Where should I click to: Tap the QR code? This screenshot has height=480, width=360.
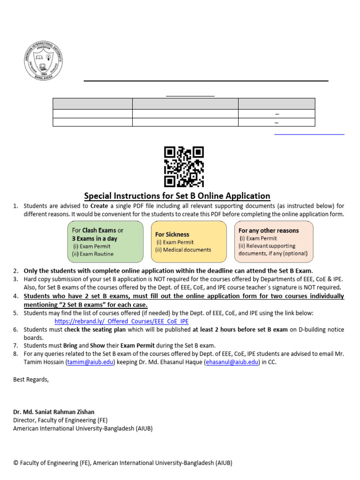tap(184, 166)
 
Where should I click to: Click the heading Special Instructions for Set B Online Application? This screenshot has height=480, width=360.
tap(177, 196)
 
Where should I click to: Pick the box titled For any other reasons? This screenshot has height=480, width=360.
tap(274, 241)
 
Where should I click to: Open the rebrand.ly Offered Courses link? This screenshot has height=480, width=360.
tap(121, 322)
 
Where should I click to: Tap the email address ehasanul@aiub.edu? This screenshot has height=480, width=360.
tap(232, 362)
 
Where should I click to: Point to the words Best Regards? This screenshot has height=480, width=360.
tap(31, 379)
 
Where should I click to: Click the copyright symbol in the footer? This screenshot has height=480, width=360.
tap(16, 463)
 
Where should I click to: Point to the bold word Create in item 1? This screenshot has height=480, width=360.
tap(99, 206)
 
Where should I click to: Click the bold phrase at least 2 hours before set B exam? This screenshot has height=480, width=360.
tap(240, 330)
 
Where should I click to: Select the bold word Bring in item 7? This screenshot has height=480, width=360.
tap(70, 345)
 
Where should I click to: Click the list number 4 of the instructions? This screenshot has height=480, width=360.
tap(15, 296)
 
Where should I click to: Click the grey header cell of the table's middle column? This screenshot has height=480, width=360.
tap(185, 104)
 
